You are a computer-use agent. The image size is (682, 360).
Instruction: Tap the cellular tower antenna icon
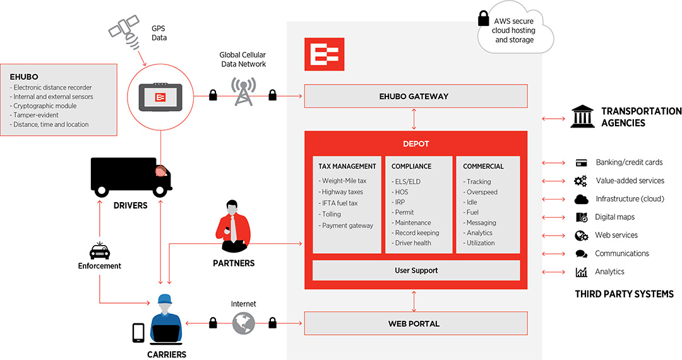pyautogui.click(x=242, y=92)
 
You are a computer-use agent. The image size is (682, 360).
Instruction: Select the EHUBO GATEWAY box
pyautogui.click(x=416, y=96)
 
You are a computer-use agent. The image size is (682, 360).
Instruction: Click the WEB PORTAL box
pyautogui.click(x=416, y=323)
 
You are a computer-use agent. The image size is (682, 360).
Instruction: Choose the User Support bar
pyautogui.click(x=416, y=270)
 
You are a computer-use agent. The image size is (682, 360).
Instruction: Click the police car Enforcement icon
pyautogui.click(x=99, y=251)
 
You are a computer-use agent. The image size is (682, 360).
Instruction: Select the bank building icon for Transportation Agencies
pyautogui.click(x=582, y=117)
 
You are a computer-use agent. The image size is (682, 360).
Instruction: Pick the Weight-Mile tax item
pyautogui.click(x=344, y=181)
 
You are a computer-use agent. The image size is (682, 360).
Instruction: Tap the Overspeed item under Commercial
pyautogui.click(x=482, y=192)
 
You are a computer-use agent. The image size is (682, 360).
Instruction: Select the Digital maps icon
pyautogui.click(x=582, y=217)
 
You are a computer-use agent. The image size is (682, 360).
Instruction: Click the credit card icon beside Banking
pyautogui.click(x=582, y=163)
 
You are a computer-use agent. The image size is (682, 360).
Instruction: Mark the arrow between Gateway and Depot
pyautogui.click(x=414, y=119)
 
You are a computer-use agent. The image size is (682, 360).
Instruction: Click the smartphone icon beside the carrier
pyautogui.click(x=138, y=333)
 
